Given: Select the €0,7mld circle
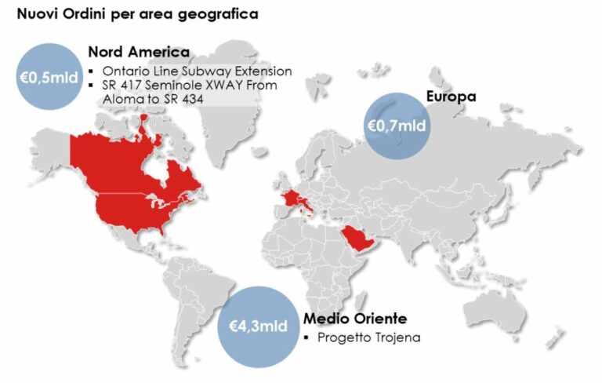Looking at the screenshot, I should [x=397, y=125].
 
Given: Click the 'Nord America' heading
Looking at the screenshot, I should [x=139, y=53].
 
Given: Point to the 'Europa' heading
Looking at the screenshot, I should [x=451, y=97].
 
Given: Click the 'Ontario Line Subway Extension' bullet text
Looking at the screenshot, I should [x=197, y=71].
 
